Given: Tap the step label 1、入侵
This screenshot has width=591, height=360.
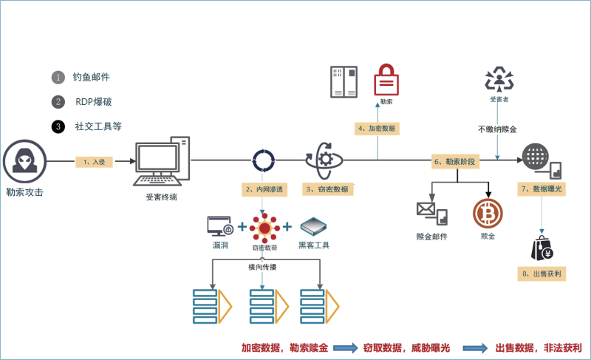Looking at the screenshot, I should (x=94, y=161).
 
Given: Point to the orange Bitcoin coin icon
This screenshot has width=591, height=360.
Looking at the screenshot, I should (x=488, y=214).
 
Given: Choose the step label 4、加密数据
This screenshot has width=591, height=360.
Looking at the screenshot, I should (x=377, y=128).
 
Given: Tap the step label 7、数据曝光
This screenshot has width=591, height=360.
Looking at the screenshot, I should (x=542, y=189).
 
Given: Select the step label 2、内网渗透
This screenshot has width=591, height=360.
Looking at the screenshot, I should (x=264, y=189).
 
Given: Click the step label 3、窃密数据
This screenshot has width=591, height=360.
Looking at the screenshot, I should (x=328, y=189).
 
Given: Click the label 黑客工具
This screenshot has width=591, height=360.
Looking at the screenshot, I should (x=314, y=245).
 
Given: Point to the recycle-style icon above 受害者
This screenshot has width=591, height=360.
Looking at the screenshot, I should (x=499, y=78).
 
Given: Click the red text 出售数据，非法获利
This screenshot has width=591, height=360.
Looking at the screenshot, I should (x=539, y=347).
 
